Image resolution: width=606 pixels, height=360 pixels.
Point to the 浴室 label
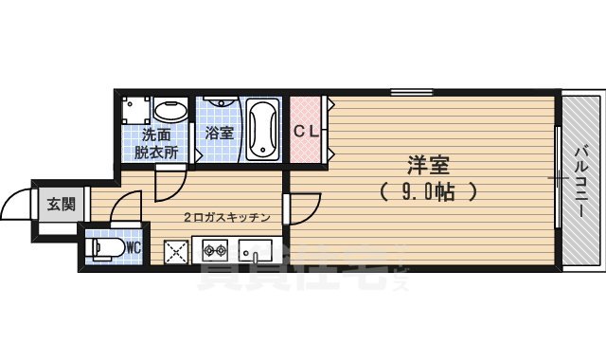(x=220, y=134)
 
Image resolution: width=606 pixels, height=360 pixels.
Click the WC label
(x=134, y=247)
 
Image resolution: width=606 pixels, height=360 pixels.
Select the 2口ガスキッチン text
(x=227, y=217)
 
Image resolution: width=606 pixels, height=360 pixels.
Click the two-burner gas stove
(x=211, y=251)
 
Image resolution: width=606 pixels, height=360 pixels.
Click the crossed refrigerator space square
(x=176, y=252)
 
